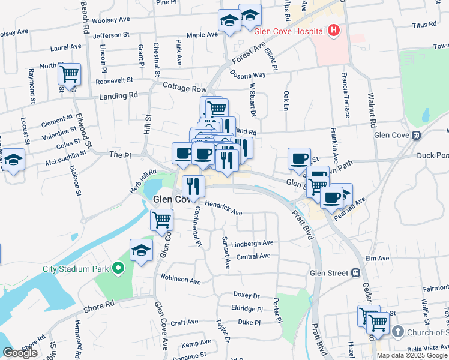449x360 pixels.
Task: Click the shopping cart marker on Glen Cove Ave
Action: tap(161, 221)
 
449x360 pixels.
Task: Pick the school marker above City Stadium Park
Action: tap(141, 250)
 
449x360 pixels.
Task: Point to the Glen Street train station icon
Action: tap(356, 273)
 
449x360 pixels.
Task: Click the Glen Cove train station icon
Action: tap(415, 135)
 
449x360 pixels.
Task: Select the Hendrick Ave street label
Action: tap(223, 208)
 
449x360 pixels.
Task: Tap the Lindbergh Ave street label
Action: tap(252, 243)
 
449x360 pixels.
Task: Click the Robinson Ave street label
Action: tap(181, 279)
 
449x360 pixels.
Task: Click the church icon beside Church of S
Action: tap(397, 332)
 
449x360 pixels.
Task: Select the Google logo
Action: tap(20, 353)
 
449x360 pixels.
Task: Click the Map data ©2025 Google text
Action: tap(412, 355)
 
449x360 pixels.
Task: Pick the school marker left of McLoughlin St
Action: tap(14, 160)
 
